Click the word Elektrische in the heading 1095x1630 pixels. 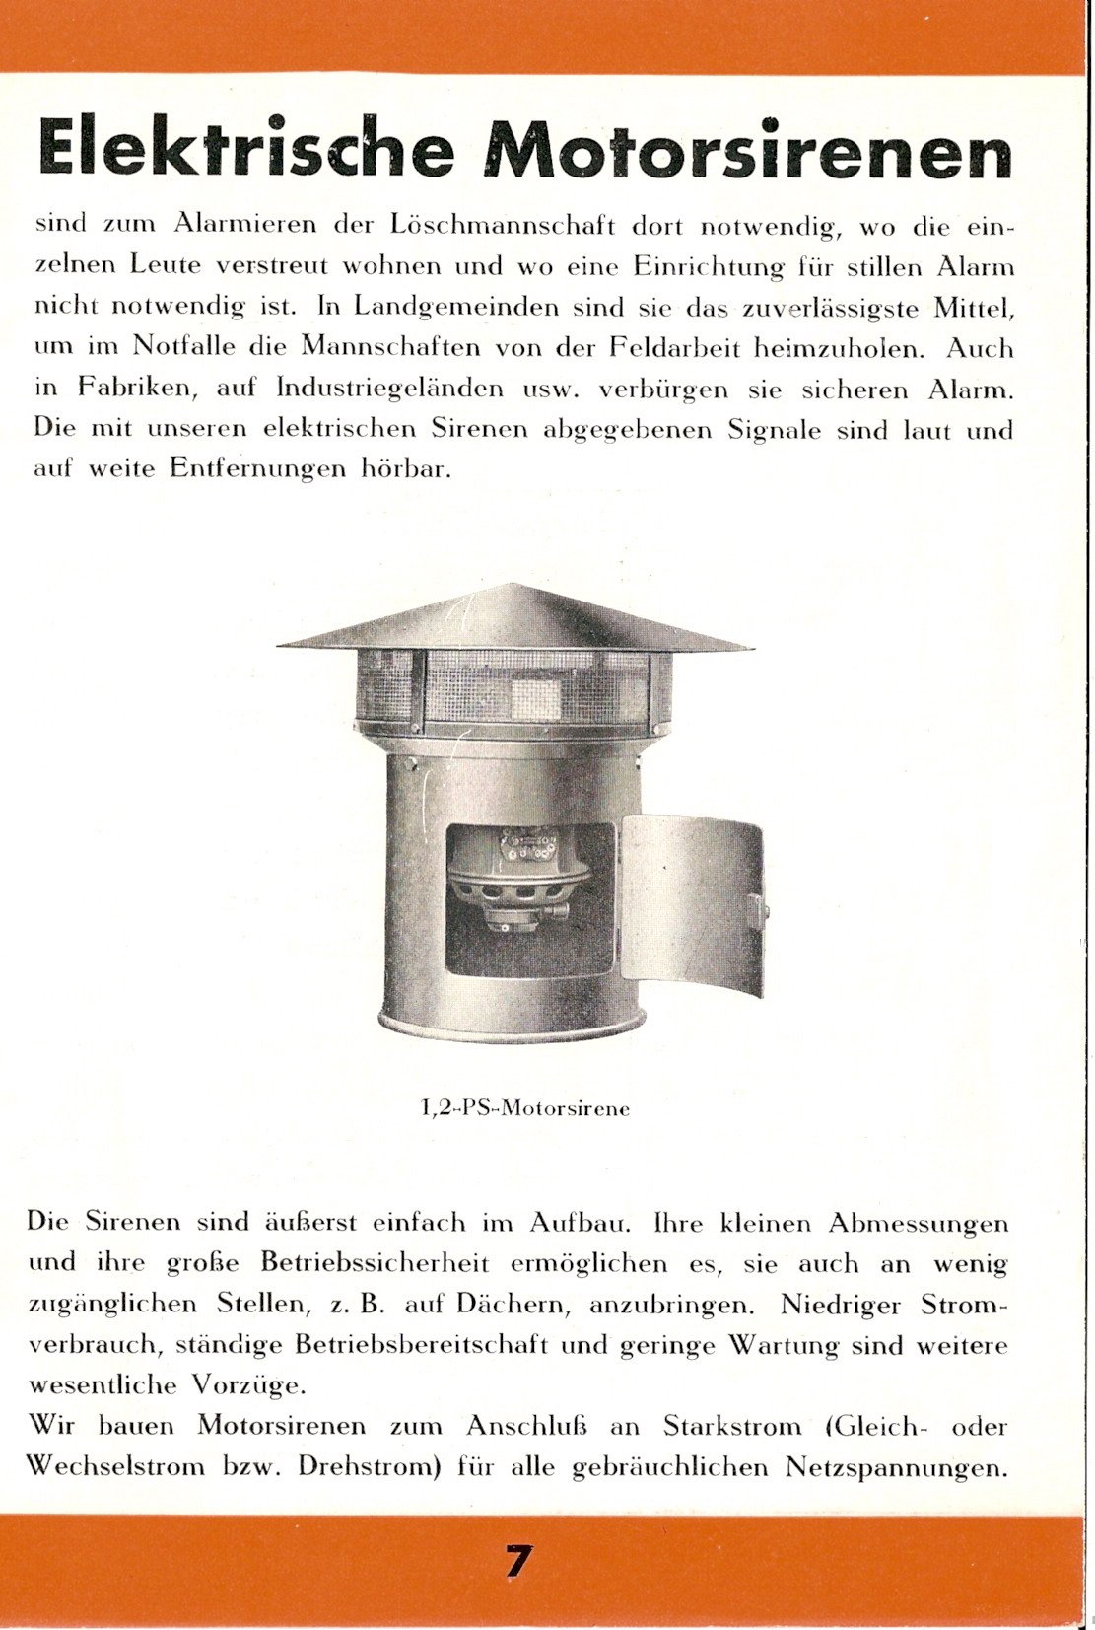(246, 149)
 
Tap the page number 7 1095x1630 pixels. (519, 1562)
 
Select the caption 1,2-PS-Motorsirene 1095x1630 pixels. (525, 1108)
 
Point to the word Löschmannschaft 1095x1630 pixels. (503, 225)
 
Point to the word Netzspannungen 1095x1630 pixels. (896, 1468)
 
